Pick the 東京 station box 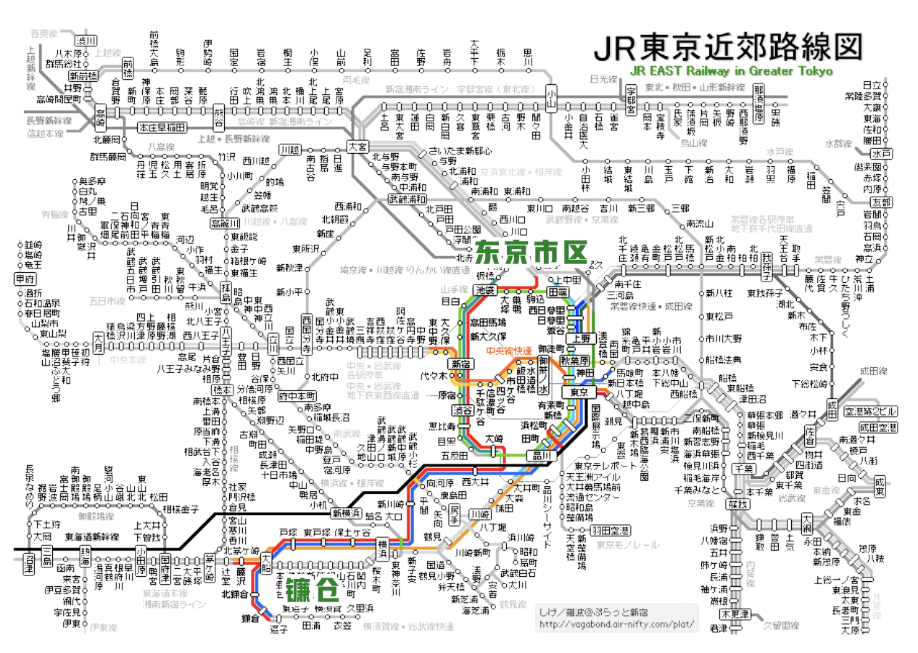click(x=579, y=392)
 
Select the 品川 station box click(x=542, y=455)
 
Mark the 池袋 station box click(x=484, y=289)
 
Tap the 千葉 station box click(x=744, y=469)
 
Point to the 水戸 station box click(x=882, y=154)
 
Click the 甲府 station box click(x=25, y=279)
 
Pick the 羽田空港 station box click(x=610, y=530)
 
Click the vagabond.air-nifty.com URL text click(x=616, y=624)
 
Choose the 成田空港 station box click(x=878, y=427)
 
